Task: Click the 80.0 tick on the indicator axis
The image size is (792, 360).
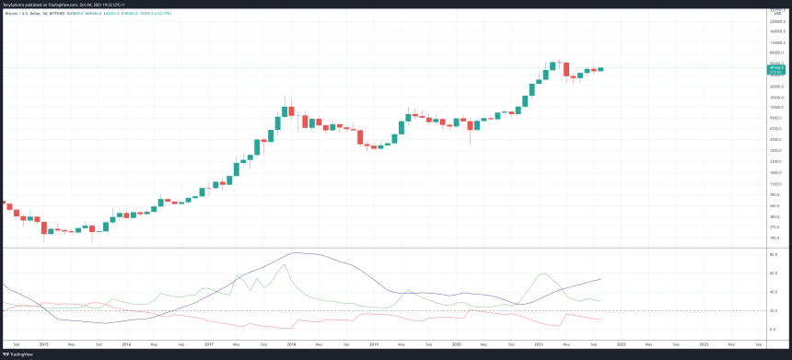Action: point(775,253)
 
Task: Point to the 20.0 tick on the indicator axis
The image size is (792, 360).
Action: point(775,310)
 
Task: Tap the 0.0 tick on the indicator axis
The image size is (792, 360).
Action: point(775,330)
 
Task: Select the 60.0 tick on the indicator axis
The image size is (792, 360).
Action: point(775,273)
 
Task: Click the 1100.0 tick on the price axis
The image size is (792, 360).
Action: point(775,184)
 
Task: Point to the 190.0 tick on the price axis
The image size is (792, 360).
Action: point(775,237)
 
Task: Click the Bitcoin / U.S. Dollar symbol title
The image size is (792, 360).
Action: point(28,10)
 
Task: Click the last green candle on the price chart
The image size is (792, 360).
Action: point(600,69)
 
